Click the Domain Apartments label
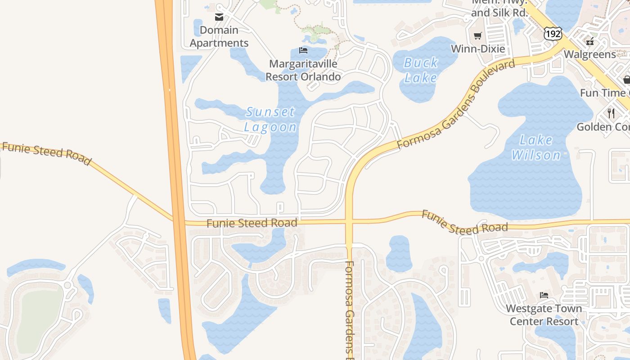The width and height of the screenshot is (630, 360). pyautogui.click(x=219, y=36)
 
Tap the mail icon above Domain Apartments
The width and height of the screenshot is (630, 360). pyautogui.click(x=219, y=18)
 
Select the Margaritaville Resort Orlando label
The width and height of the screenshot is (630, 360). pyautogui.click(x=303, y=70)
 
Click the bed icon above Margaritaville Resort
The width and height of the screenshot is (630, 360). pyautogui.click(x=303, y=50)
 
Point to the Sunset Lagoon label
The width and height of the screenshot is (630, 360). pyautogui.click(x=270, y=119)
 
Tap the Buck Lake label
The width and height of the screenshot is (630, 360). pyautogui.click(x=421, y=70)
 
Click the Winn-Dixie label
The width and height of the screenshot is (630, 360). pyautogui.click(x=477, y=49)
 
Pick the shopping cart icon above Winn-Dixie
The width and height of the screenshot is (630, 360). pyautogui.click(x=477, y=36)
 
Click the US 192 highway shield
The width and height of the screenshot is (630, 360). pyautogui.click(x=552, y=33)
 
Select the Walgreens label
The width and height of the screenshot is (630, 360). pyautogui.click(x=589, y=54)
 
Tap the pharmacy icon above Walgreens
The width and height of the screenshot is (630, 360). pyautogui.click(x=589, y=42)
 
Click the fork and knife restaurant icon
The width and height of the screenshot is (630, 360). pyautogui.click(x=611, y=113)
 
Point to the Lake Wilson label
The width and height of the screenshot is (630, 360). pyautogui.click(x=536, y=148)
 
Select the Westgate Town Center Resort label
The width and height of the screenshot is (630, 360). pyautogui.click(x=544, y=315)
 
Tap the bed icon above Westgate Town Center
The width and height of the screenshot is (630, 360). pyautogui.click(x=544, y=295)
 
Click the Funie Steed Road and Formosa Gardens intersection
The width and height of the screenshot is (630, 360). pyautogui.click(x=349, y=221)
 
